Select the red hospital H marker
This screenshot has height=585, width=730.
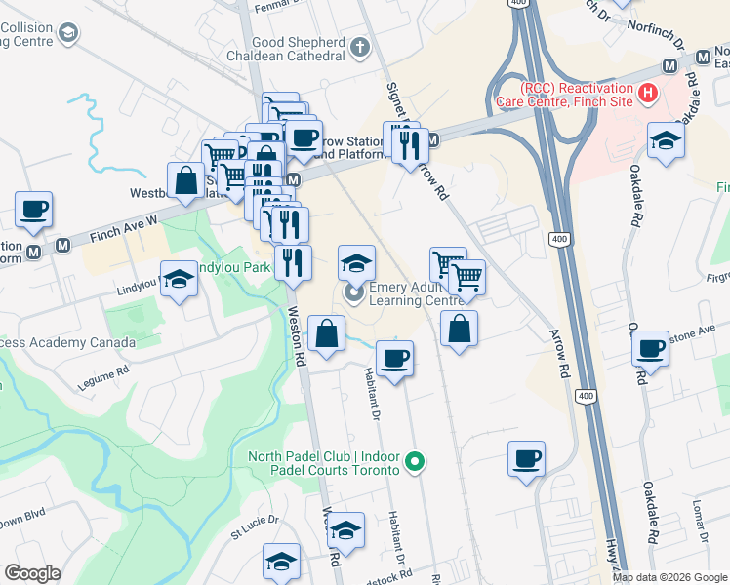click(x=646, y=94)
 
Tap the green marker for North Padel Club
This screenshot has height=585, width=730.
click(x=415, y=462)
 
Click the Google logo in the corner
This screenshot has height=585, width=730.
click(x=31, y=573)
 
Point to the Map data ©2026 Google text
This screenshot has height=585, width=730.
click(x=669, y=577)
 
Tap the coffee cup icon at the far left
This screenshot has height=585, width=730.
click(x=33, y=209)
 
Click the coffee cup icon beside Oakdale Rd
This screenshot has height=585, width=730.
click(x=649, y=348)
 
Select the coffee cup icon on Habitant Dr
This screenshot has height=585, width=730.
click(x=394, y=358)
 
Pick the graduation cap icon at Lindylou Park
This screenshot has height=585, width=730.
click(x=178, y=280)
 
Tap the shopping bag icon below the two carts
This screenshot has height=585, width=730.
click(x=459, y=329)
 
